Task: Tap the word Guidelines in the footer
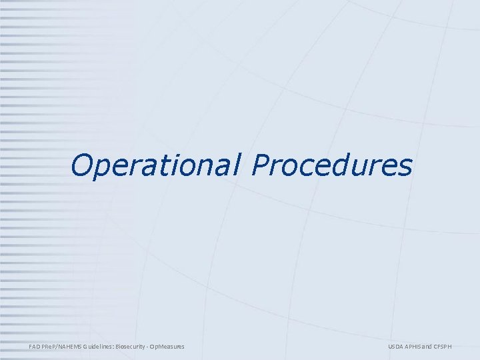tap(99, 346)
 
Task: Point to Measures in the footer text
tap(171, 346)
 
